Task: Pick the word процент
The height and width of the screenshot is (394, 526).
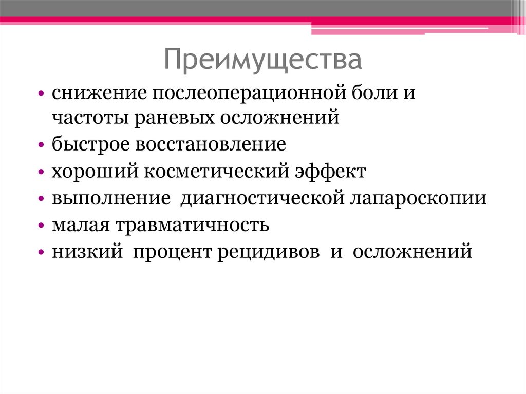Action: tap(172, 252)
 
